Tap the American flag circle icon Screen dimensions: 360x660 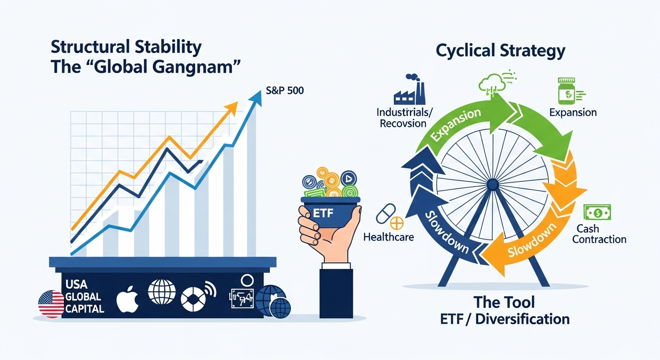click(x=51, y=304)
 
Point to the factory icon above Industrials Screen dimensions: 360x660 click(x=409, y=90)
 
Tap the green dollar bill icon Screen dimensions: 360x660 click(x=597, y=213)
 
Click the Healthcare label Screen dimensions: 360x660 click(x=389, y=237)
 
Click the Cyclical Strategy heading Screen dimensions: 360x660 click(x=500, y=51)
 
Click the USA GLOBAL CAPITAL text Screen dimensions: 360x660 click(x=83, y=297)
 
